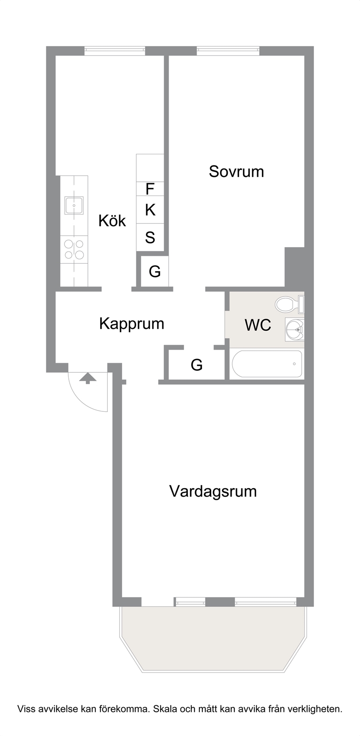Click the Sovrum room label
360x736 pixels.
pos(236,172)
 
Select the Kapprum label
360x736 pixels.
pos(132,324)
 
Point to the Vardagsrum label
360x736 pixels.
pos(213,492)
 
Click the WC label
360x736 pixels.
pos(258,325)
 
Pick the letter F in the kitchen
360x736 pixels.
pos(150,189)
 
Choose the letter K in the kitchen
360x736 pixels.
pos(150,209)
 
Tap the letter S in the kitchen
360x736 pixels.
pos(150,237)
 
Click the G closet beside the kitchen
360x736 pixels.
pos(155,272)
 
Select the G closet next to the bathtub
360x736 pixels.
pos(196,364)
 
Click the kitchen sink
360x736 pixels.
pos(74,205)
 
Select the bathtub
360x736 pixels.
pos(267,364)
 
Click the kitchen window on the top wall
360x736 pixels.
pos(115,51)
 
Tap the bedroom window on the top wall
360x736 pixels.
pos(228,51)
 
